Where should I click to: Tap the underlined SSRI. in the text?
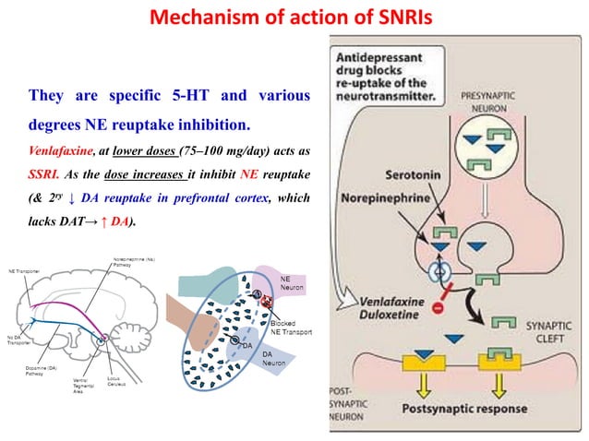(x=49, y=173)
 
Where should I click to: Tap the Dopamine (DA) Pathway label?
(x=36, y=371)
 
